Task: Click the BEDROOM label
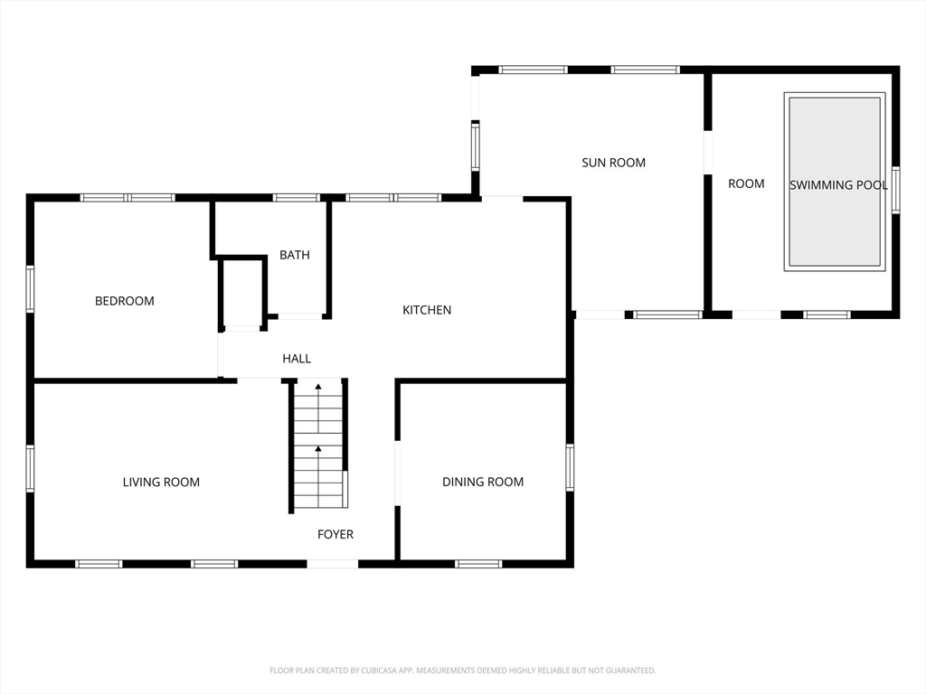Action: pos(125,301)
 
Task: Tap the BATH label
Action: pos(295,255)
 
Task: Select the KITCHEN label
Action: pos(427,310)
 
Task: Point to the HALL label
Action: pos(297,358)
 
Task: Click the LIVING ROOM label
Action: pos(161,483)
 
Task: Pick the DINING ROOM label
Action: pos(483,482)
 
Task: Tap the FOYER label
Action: pos(335,534)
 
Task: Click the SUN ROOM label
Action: pos(614,163)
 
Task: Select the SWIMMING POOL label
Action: pos(838,184)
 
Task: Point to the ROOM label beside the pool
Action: pos(746,183)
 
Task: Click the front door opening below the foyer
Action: pos(333,564)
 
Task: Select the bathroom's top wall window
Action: pos(297,198)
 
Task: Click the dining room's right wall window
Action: pos(570,467)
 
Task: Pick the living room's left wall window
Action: pos(30,469)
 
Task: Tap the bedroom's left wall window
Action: pos(30,288)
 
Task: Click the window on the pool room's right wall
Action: pos(896,190)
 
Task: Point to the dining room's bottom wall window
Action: pos(479,564)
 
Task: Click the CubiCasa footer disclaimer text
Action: pos(463,671)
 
